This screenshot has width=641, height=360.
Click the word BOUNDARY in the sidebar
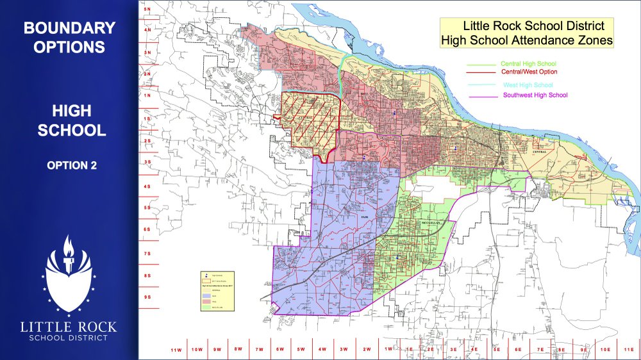pyautogui.click(x=69, y=28)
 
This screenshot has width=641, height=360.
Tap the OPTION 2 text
pyautogui.click(x=72, y=165)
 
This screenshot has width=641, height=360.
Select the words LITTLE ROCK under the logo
pyautogui.click(x=69, y=327)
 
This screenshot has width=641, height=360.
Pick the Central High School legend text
pyautogui.click(x=528, y=64)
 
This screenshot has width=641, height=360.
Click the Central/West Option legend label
pyautogui.click(x=529, y=72)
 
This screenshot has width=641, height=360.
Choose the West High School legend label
pyautogui.click(x=528, y=85)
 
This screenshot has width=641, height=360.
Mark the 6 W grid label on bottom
pyautogui.click(x=280, y=350)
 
